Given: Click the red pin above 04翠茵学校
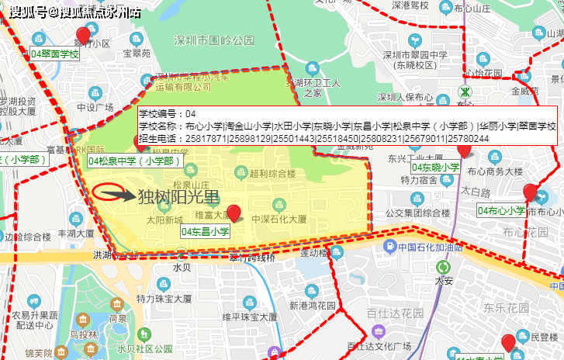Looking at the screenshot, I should click(83, 35).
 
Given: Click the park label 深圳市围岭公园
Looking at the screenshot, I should click(215, 40).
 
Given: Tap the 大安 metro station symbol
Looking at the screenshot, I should click(443, 268).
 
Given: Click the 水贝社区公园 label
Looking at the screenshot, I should click(143, 348).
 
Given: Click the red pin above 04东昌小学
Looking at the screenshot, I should click(234, 213).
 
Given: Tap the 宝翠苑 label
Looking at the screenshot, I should click(137, 54).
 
